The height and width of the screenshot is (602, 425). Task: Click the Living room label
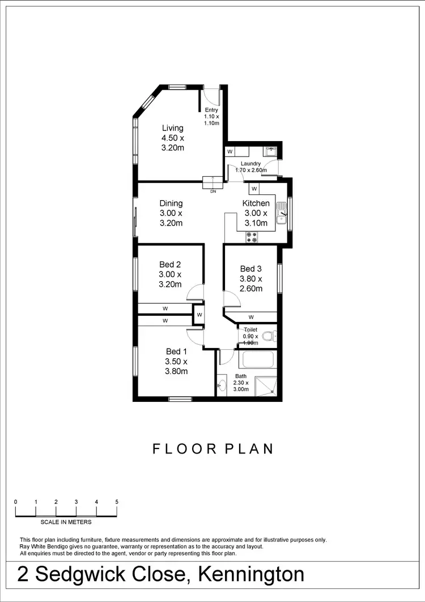(173, 128)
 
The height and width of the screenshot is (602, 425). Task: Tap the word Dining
(171, 204)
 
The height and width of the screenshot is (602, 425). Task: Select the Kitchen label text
(256, 204)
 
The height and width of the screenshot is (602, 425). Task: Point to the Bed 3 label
(251, 269)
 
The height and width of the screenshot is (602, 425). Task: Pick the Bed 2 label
(170, 265)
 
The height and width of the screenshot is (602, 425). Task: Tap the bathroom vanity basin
(221, 385)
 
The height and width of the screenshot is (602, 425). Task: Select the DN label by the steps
(213, 192)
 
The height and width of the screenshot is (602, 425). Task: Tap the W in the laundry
(230, 152)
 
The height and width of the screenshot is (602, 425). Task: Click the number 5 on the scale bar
(117, 502)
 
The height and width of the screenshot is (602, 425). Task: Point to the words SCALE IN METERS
(66, 522)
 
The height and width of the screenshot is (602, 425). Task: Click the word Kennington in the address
(251, 575)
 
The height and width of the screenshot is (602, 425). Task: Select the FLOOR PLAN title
(213, 449)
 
